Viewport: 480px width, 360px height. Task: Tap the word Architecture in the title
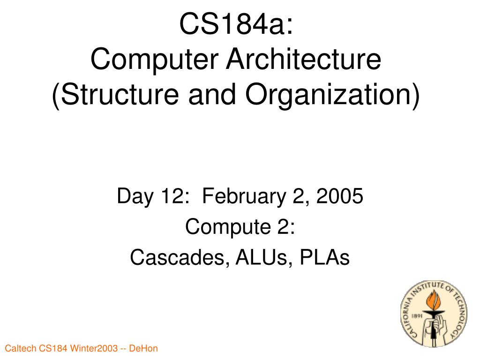point(303,59)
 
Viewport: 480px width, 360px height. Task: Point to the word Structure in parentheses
point(120,94)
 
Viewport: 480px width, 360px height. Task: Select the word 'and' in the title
point(212,94)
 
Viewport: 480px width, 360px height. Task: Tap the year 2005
point(339,196)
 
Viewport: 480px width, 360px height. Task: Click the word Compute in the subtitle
point(228,227)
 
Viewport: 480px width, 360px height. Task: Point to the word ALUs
point(261,257)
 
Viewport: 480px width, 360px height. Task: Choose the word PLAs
point(324,257)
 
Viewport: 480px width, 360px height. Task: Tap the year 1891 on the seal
point(417,315)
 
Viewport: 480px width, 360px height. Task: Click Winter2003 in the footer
point(94,348)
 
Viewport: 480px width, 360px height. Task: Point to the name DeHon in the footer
point(143,348)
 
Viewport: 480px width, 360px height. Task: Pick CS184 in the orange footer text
point(53,348)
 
